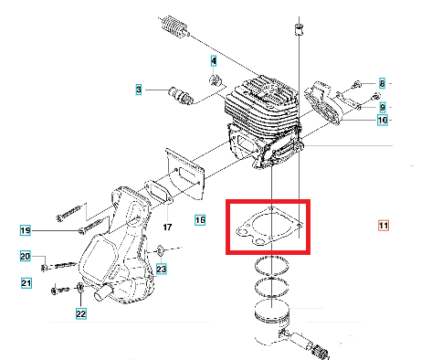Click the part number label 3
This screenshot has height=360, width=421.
pos(139,90)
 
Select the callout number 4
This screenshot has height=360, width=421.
pos(214,61)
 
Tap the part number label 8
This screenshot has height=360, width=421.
pos(382,83)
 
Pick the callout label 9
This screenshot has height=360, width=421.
pos(382,107)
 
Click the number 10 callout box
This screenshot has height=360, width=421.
pos(383,120)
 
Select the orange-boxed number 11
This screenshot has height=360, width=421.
pos(384,226)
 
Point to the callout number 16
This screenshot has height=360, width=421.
pos(200,220)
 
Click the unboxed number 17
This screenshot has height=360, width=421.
pos(167,227)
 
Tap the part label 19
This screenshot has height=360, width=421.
pos(26,230)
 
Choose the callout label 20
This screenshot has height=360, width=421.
pos(26,256)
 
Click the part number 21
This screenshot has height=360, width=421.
pos(26,283)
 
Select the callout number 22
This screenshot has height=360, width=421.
pos(81,313)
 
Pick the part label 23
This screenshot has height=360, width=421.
pos(162,269)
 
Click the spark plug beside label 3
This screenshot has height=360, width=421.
pos(181,95)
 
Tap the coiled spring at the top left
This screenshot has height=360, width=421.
pos(174,27)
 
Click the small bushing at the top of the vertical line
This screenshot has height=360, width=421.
pos(299,30)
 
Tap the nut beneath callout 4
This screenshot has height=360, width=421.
pos(216,80)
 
